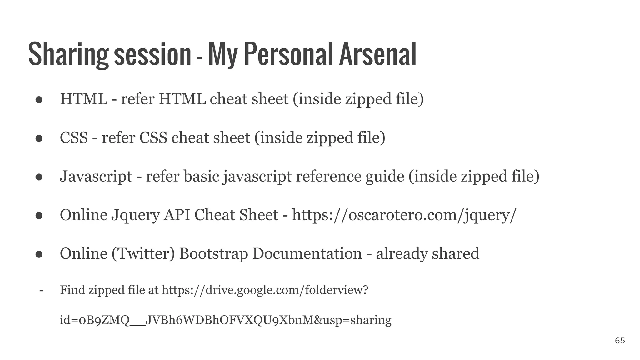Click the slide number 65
620,341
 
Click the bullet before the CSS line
39,138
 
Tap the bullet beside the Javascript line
39,177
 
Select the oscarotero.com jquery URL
404,215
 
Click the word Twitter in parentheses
143,253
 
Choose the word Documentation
307,253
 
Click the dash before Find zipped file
41,290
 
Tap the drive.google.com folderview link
265,290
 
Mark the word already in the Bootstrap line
402,253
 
